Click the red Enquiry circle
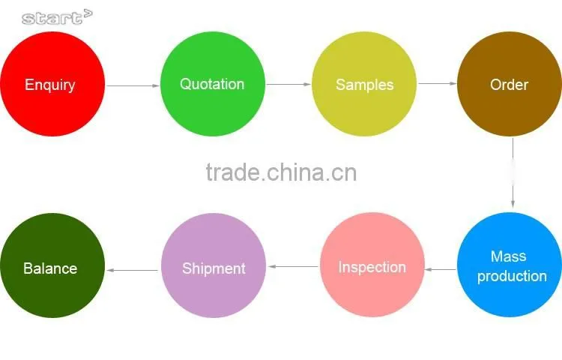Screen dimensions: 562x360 tap(52, 84)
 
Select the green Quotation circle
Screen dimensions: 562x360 tap(213, 84)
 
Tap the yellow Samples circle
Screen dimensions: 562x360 tap(364, 84)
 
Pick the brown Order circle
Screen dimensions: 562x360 tap(510, 84)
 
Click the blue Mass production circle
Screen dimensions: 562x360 tap(510, 265)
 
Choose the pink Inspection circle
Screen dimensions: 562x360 tap(372, 265)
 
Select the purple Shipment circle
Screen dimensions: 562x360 tap(214, 265)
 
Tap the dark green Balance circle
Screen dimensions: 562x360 tap(52, 265)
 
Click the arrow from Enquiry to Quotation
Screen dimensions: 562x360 tap(133, 85)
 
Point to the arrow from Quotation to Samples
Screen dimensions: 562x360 tap(288, 84)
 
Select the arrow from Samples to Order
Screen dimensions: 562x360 tap(438, 83)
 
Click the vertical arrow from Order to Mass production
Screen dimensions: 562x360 tap(513, 172)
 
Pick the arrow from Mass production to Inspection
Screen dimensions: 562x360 tap(441, 269)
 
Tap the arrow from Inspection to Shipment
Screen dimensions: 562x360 tap(293, 266)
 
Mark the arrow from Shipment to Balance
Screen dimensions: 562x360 tap(132, 270)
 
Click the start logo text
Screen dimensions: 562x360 tap(57, 17)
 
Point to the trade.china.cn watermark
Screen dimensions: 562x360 tap(281, 172)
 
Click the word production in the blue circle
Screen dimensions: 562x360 tap(512, 277)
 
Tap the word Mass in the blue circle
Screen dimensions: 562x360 tap(509, 256)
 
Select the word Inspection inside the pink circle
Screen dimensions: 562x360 tap(372, 268)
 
